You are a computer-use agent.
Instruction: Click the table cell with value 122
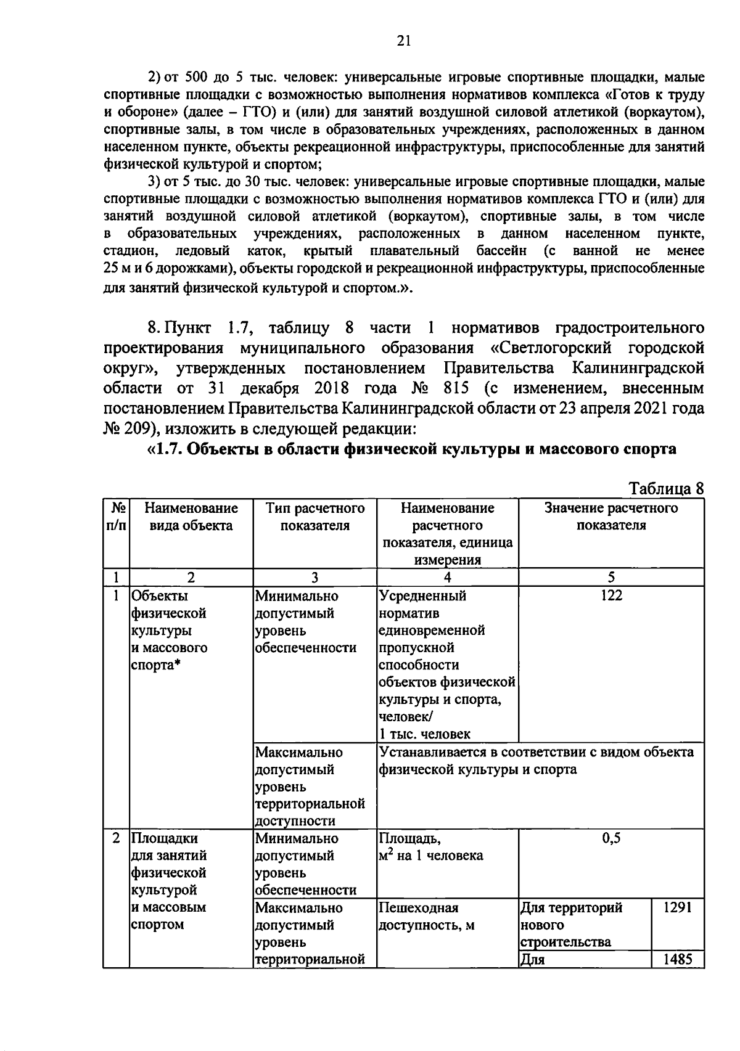pos(611,595)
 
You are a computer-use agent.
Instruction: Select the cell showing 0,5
pos(611,838)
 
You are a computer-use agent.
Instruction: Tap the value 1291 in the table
pos(677,907)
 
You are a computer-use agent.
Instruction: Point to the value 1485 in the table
pos(677,959)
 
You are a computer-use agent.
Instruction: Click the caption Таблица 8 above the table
pos(665,489)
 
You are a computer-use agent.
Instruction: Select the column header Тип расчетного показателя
pos(314,517)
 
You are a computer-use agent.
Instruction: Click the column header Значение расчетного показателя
pos(611,517)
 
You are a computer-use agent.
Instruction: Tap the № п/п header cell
pos(116,517)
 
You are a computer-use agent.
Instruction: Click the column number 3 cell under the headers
pos(314,577)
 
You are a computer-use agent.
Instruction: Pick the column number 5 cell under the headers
pos(611,577)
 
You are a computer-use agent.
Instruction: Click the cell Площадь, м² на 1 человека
pos(430,847)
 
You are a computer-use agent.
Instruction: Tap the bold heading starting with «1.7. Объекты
pos(412,449)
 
